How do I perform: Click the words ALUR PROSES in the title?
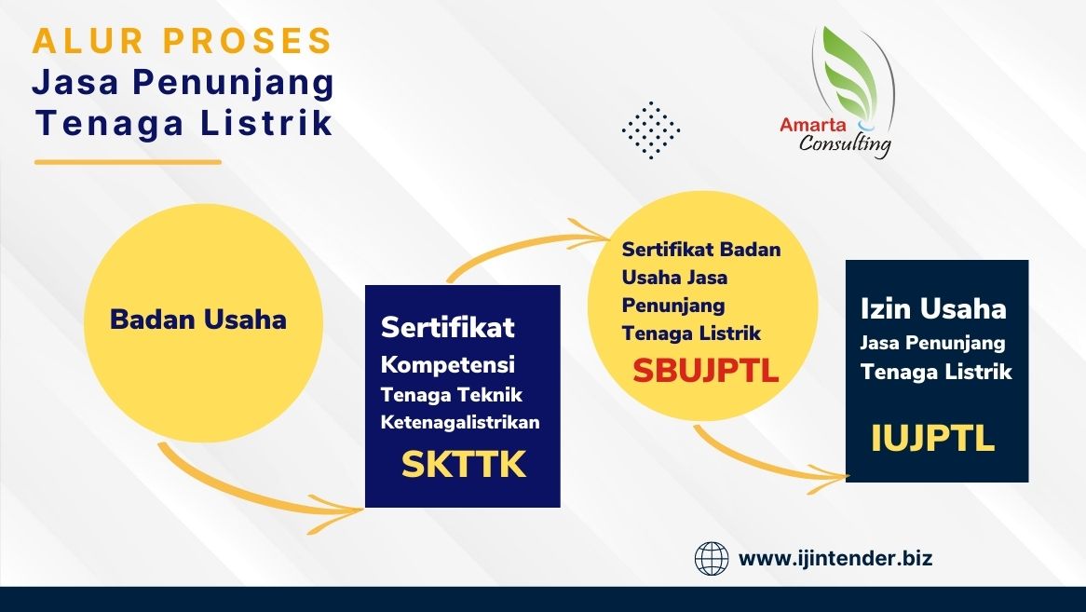(x=183, y=41)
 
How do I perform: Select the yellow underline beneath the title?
(x=129, y=162)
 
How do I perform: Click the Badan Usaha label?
(x=198, y=320)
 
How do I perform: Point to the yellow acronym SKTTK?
(x=463, y=465)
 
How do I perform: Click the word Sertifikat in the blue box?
(x=447, y=328)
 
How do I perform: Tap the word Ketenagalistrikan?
(x=460, y=422)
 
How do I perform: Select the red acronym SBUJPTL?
(x=705, y=371)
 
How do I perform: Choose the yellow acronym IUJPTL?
(x=932, y=438)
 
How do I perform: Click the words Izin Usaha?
(x=933, y=308)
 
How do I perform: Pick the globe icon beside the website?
(x=712, y=559)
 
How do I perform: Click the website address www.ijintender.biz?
(x=835, y=558)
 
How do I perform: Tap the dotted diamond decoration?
(x=651, y=130)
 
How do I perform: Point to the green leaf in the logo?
(x=850, y=69)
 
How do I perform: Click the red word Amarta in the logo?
(x=812, y=126)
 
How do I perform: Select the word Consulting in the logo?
(x=845, y=144)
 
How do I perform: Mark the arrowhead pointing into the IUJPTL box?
(x=828, y=478)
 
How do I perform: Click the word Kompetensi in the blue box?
(x=447, y=365)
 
